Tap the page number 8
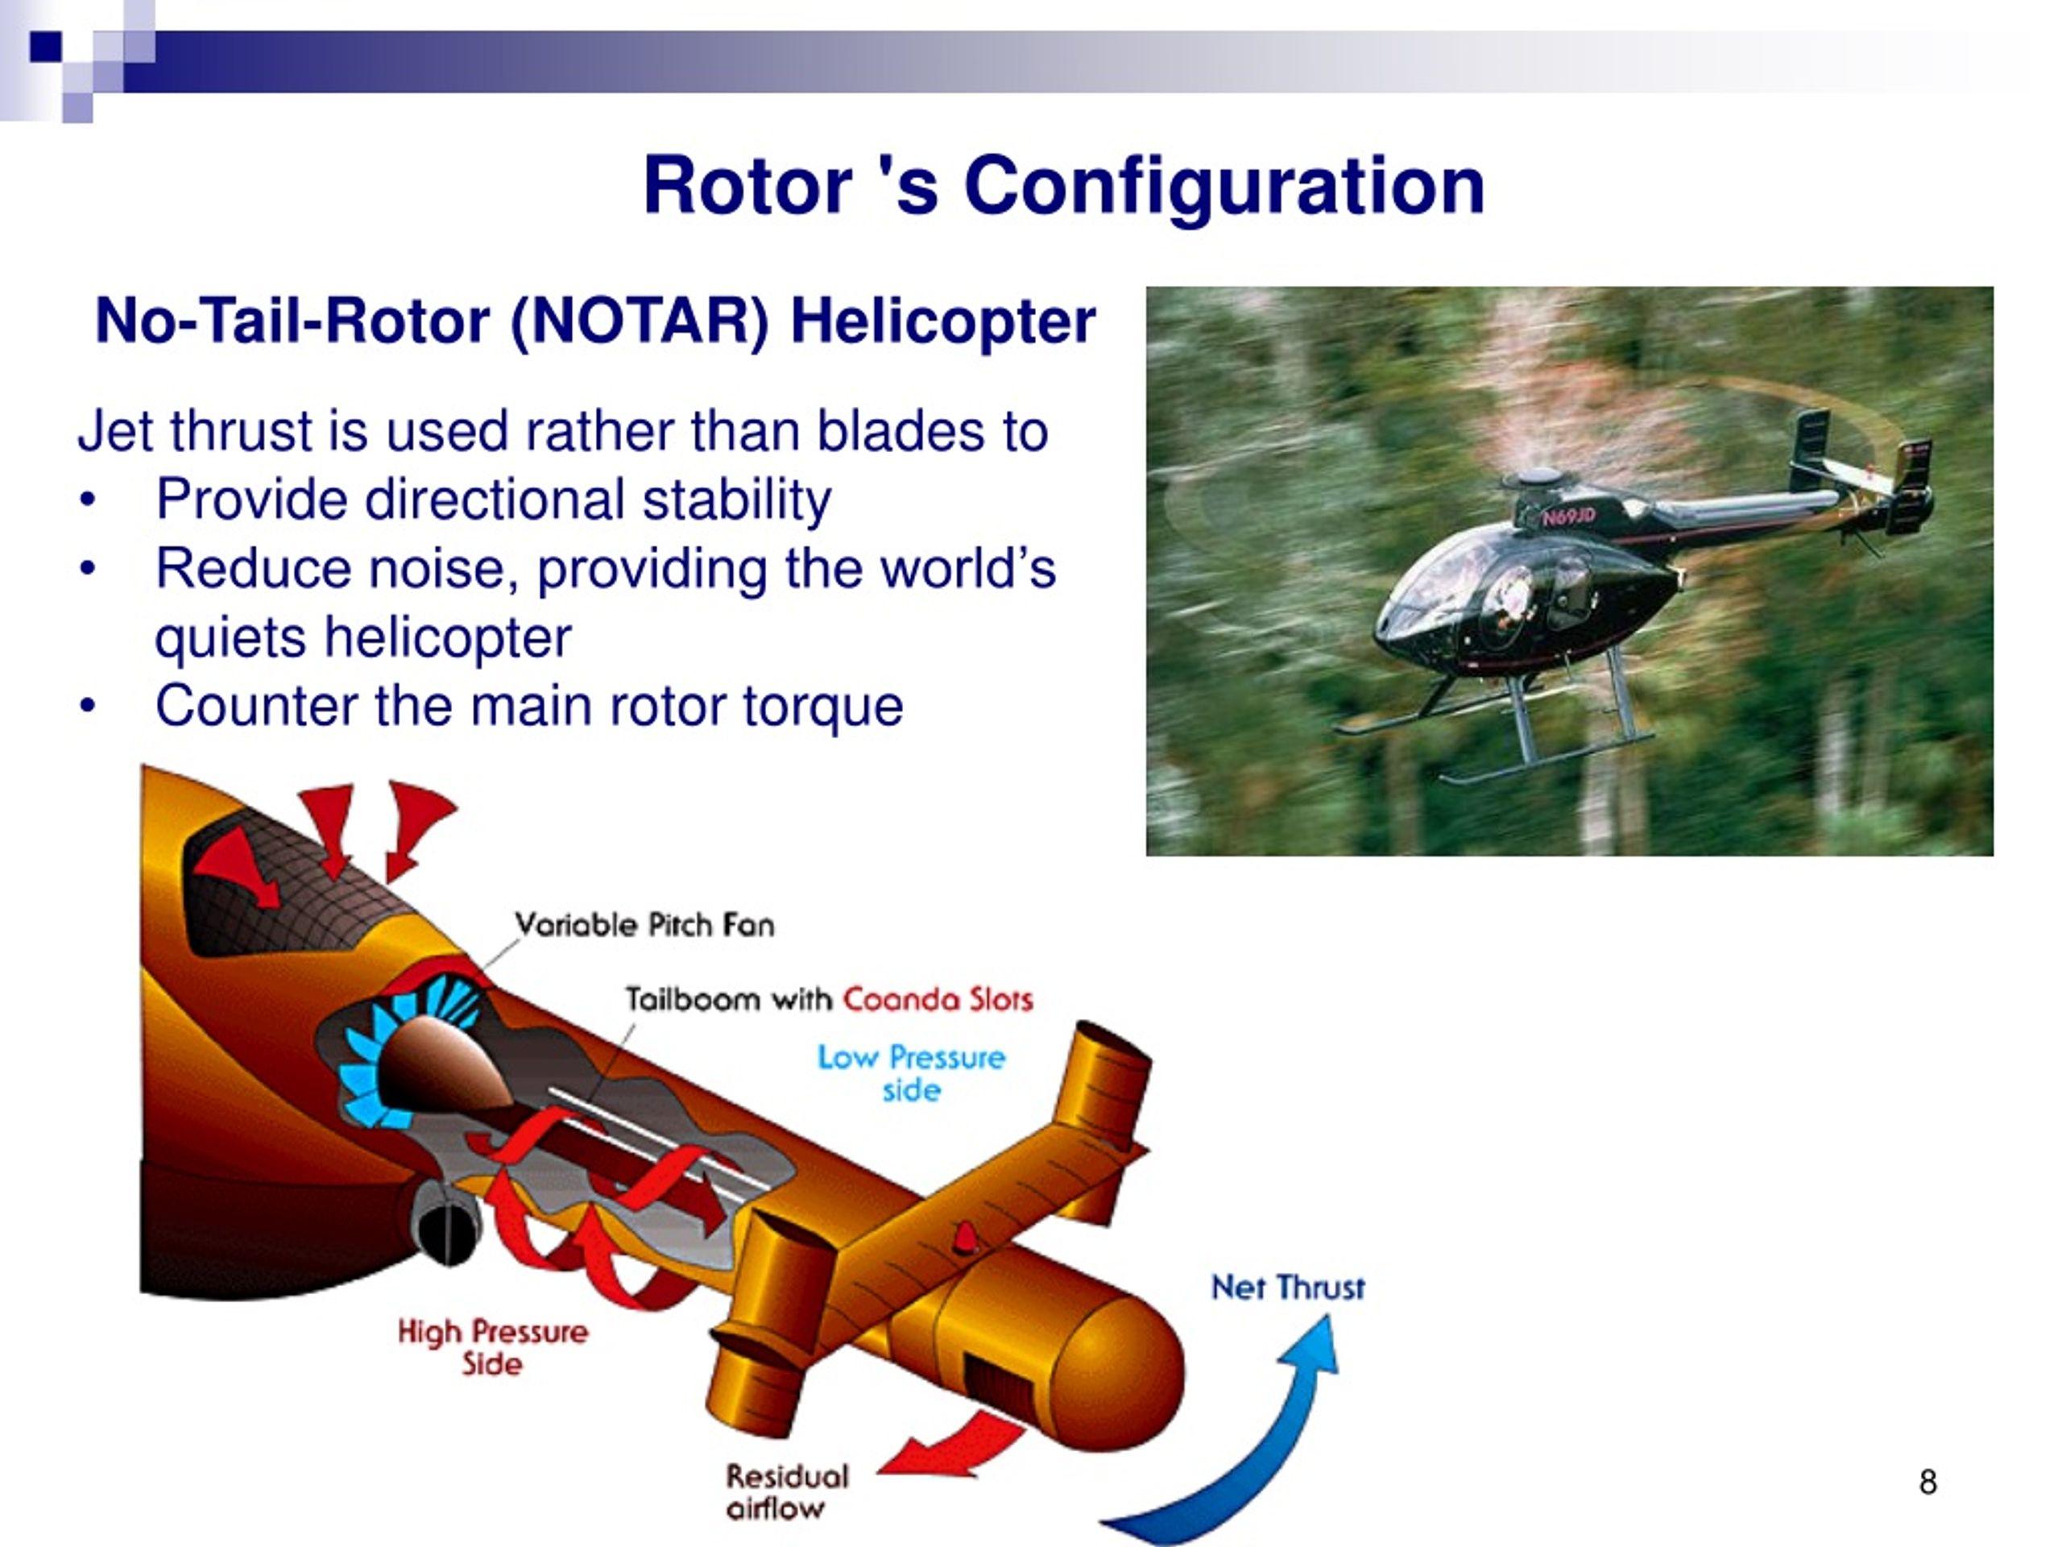pos(1927,1482)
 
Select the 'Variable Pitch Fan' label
pos(645,925)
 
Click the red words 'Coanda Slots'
pos(938,1000)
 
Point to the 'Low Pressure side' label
pos(912,1073)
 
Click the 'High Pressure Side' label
pos(493,1347)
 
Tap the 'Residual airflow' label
pos(787,1492)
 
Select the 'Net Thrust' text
pos(1287,1288)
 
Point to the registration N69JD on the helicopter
pos(1569,517)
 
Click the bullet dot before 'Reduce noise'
pos(88,570)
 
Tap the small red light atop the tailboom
pos(964,1238)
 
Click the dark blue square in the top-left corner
pos(45,47)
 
